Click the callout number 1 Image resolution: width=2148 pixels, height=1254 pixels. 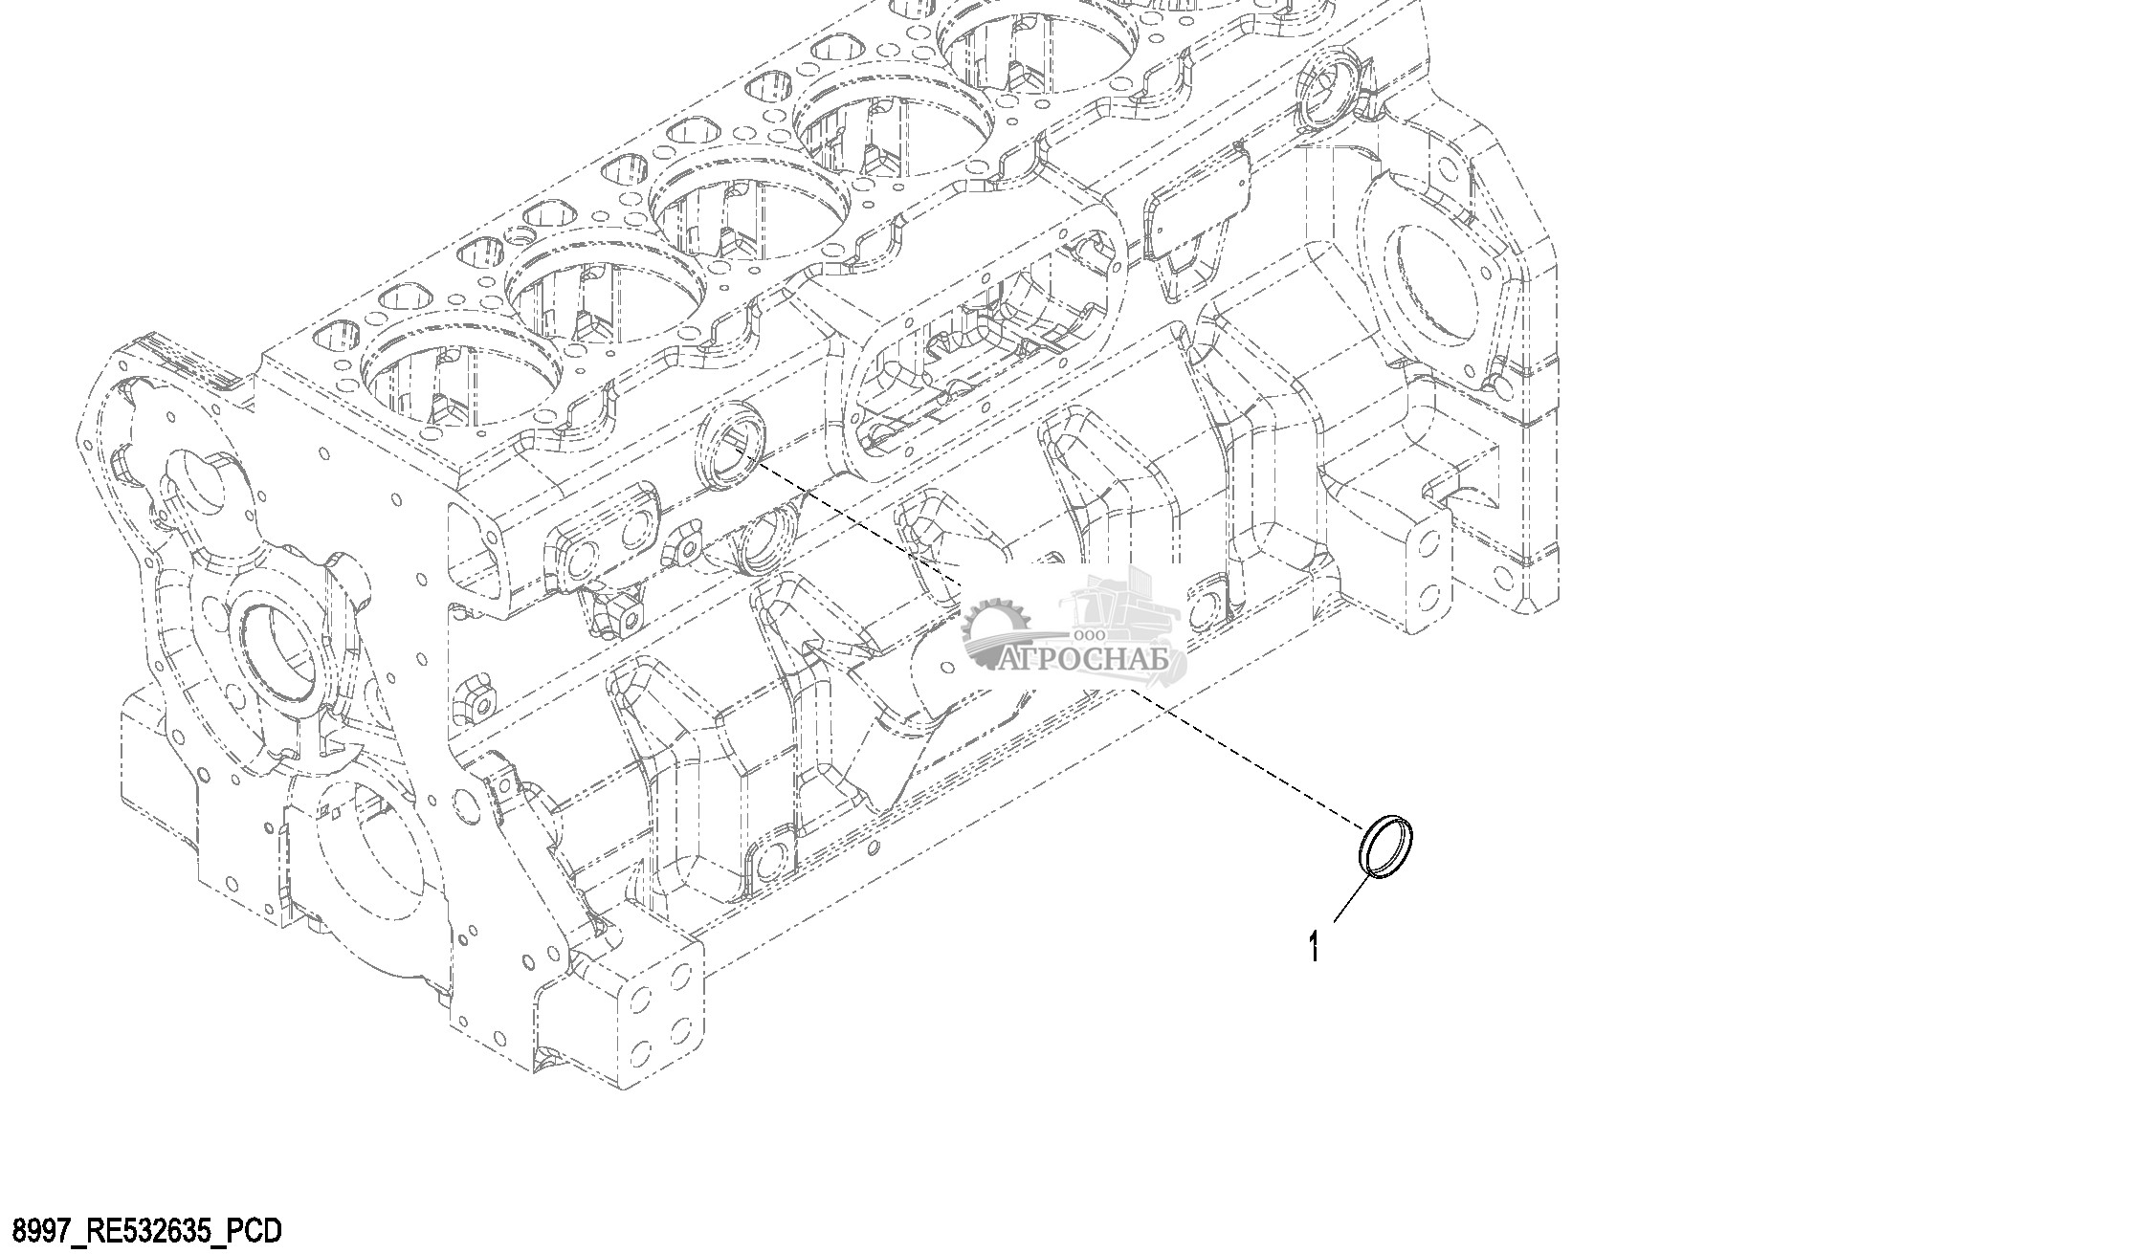[x=1315, y=947]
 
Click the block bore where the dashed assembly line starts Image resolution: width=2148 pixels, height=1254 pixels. [x=732, y=444]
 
